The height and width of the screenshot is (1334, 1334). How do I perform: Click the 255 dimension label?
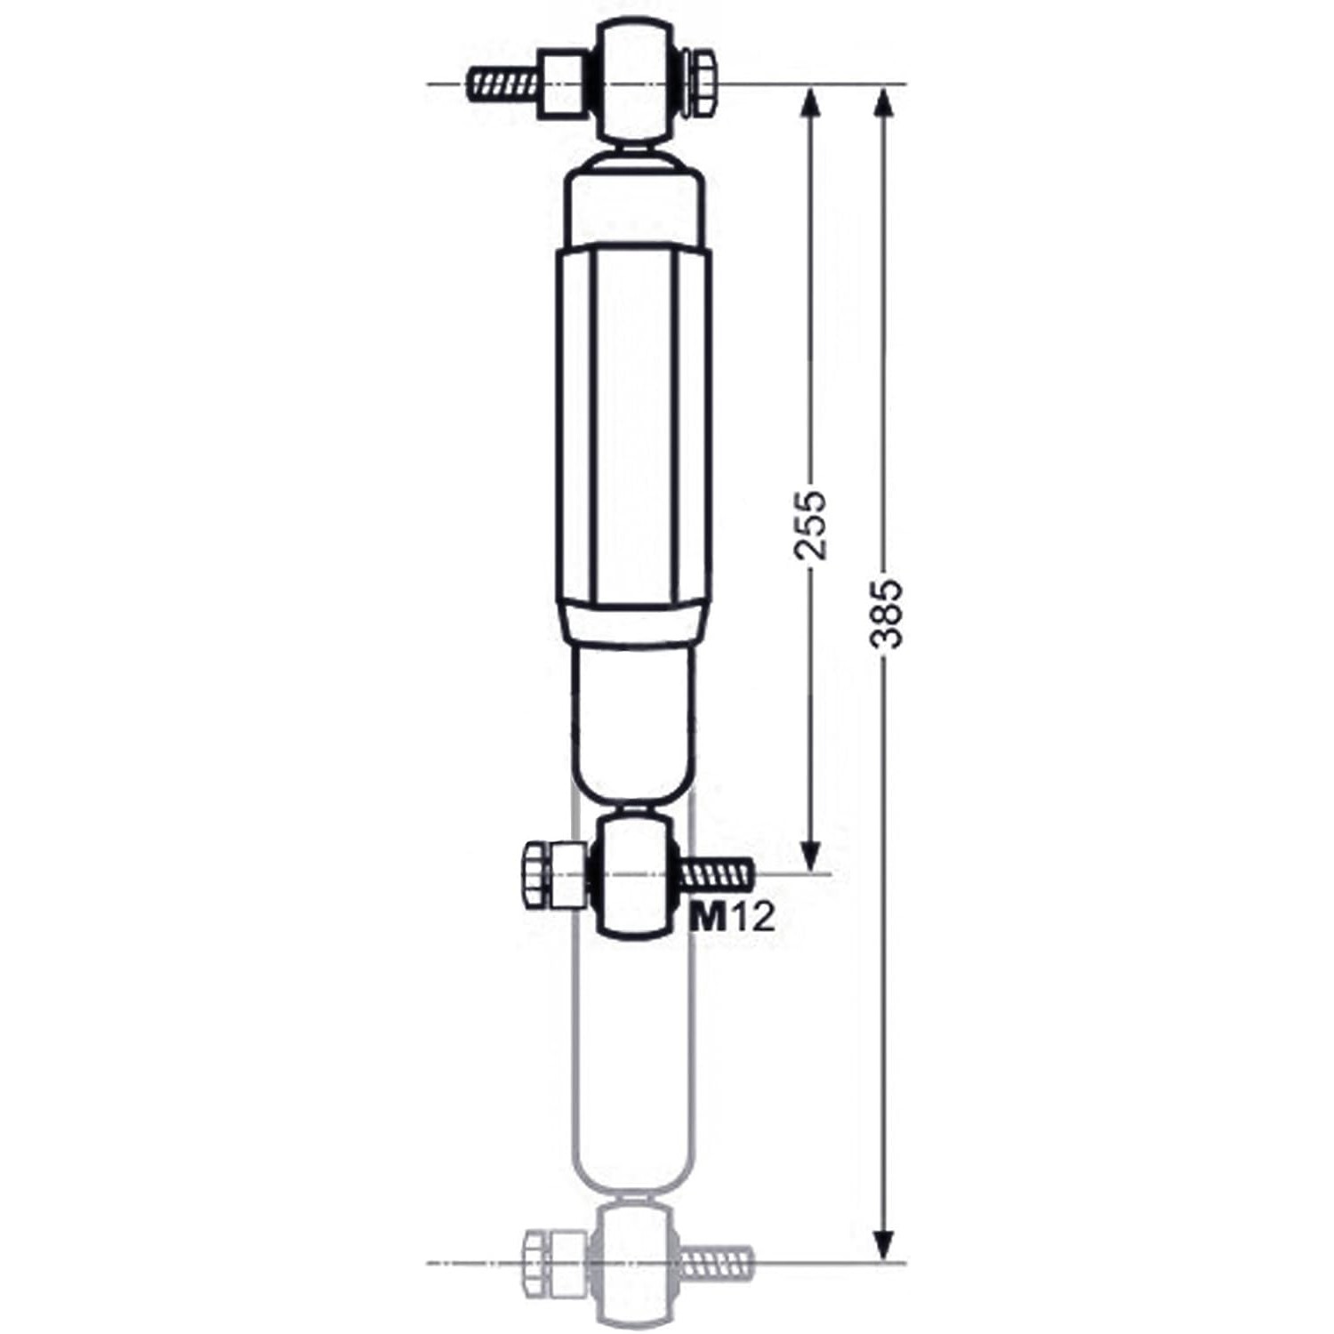810,524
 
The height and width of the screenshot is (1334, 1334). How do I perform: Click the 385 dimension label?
887,613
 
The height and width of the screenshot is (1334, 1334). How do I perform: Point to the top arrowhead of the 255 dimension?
809,103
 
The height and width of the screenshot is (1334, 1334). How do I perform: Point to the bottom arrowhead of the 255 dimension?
809,856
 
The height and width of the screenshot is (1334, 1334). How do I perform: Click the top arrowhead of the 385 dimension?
882,103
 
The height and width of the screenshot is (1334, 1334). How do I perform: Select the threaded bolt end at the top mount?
502,84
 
